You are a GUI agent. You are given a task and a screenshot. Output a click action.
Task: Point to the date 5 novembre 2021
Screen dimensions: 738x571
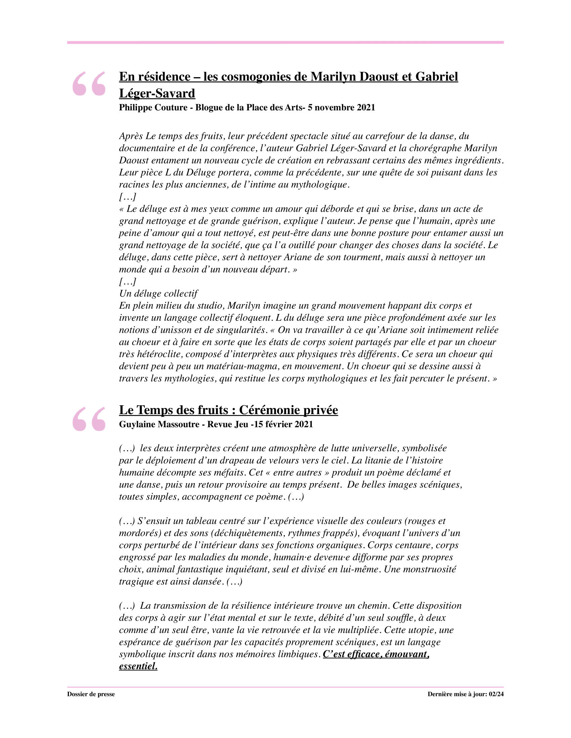pos(341,107)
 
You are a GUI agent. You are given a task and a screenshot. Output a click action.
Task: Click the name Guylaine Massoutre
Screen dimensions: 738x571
pos(159,424)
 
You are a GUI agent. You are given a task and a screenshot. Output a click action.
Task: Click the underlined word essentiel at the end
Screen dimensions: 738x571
pos(138,666)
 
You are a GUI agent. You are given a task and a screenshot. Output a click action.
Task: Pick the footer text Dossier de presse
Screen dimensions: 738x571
pos(91,694)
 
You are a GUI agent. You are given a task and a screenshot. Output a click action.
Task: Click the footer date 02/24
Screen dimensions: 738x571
pos(496,694)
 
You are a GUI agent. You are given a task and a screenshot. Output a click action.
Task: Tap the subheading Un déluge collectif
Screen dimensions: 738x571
pos(158,293)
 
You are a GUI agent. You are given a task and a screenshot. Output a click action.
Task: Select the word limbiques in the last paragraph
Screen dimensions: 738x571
pos(298,654)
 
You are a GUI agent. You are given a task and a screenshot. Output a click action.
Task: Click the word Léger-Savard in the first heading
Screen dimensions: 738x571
pos(157,93)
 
